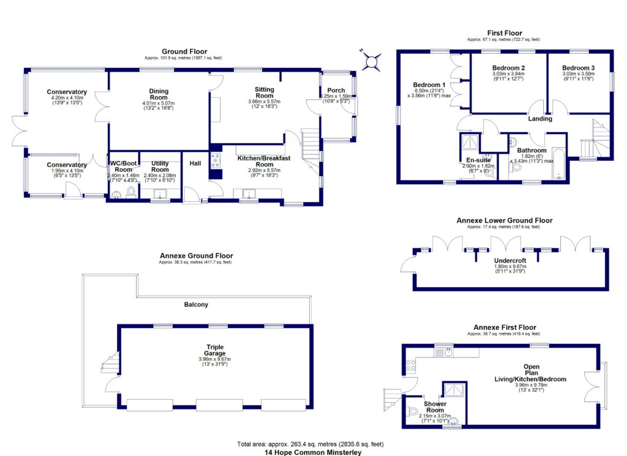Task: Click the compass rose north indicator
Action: (x=372, y=61)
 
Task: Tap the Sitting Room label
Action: (x=264, y=92)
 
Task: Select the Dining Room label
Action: (x=159, y=94)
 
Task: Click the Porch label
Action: (x=336, y=91)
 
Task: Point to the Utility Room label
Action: (x=160, y=166)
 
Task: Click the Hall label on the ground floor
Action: (x=195, y=163)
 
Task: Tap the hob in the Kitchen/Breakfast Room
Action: (x=216, y=161)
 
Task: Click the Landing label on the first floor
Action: (x=540, y=119)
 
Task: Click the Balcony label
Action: (x=197, y=304)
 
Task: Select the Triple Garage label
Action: (x=215, y=349)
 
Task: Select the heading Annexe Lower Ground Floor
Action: (x=504, y=220)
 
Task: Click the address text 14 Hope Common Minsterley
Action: (x=310, y=452)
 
